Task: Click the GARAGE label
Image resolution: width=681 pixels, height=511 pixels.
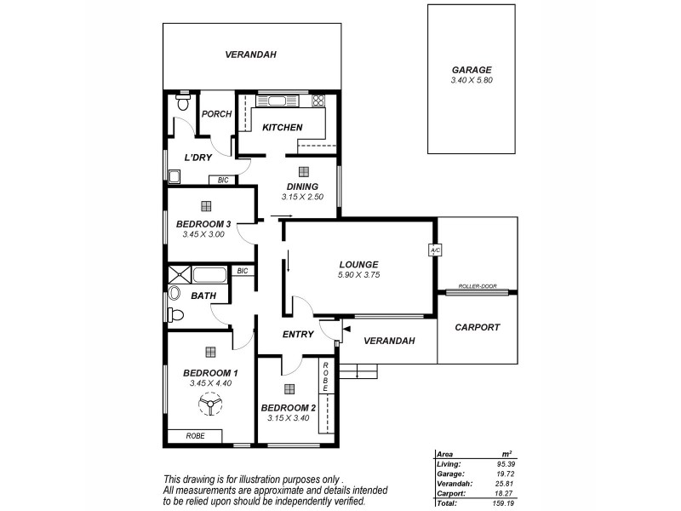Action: click(x=471, y=71)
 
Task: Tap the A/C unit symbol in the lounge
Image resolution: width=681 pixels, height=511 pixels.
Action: click(x=433, y=250)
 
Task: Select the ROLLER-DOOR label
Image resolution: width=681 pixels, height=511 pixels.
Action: click(x=477, y=286)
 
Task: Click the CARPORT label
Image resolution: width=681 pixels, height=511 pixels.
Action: click(x=477, y=327)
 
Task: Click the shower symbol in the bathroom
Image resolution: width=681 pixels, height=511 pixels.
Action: click(x=179, y=274)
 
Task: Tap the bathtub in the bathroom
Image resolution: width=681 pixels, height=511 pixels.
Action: click(x=209, y=275)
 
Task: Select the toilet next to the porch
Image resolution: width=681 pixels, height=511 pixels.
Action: click(x=181, y=103)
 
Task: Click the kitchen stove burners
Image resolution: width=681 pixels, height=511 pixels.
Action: click(x=318, y=101)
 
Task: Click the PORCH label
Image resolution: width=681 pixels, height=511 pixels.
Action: click(x=216, y=114)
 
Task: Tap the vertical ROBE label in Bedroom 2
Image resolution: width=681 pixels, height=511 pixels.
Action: click(x=324, y=376)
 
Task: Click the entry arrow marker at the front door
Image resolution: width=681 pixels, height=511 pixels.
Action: click(x=346, y=326)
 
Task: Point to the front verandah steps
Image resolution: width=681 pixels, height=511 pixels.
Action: click(x=358, y=370)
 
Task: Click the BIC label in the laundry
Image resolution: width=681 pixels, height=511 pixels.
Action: click(x=223, y=180)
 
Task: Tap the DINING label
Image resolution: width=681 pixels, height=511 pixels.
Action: click(x=302, y=187)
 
